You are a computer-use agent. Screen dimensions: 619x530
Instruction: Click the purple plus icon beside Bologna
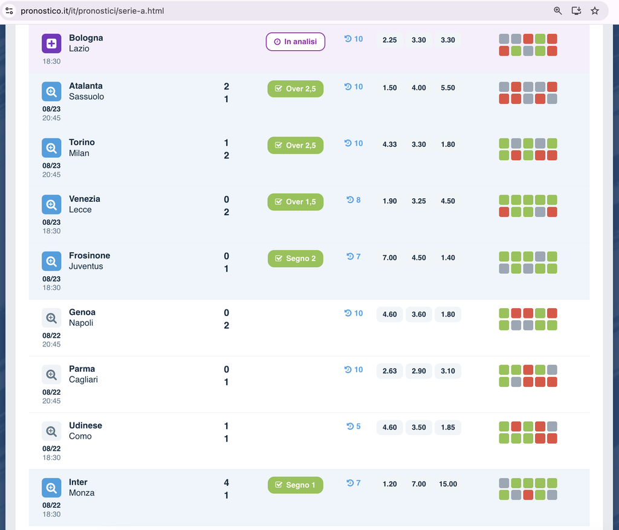pyautogui.click(x=51, y=44)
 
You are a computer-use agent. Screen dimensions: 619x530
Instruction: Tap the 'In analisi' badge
pyautogui.click(x=295, y=42)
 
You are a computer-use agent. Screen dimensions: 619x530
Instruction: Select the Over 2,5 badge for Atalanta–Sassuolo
pyautogui.click(x=295, y=89)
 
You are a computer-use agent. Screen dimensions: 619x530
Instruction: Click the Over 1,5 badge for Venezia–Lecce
pyautogui.click(x=295, y=202)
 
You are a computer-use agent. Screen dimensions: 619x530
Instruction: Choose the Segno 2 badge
pyautogui.click(x=295, y=259)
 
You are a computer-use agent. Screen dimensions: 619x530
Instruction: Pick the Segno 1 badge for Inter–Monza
pyautogui.click(x=295, y=485)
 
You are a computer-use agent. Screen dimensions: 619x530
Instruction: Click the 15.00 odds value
pyautogui.click(x=448, y=484)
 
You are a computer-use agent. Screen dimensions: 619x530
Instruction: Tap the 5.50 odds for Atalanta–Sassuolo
pyautogui.click(x=448, y=88)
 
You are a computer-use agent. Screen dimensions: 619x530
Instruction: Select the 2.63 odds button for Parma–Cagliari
pyautogui.click(x=390, y=371)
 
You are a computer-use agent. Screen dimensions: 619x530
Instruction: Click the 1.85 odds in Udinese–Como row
pyautogui.click(x=448, y=427)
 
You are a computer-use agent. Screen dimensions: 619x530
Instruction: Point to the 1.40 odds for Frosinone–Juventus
pyautogui.click(x=448, y=257)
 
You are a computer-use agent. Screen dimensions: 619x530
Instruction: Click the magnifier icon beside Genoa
pyautogui.click(x=51, y=318)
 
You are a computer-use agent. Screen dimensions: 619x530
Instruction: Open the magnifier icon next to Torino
pyautogui.click(x=51, y=148)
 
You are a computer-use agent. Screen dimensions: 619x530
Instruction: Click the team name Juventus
pyautogui.click(x=86, y=267)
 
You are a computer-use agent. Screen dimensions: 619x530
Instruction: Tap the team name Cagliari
pyautogui.click(x=83, y=380)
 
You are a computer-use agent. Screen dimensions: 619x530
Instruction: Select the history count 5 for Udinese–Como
pyautogui.click(x=354, y=426)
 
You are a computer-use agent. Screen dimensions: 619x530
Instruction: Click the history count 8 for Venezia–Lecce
pyautogui.click(x=354, y=200)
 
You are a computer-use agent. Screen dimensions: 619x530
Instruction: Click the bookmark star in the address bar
pyautogui.click(x=595, y=11)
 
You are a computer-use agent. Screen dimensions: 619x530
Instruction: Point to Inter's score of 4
pyautogui.click(x=226, y=483)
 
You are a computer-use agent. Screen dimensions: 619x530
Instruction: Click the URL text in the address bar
pyautogui.click(x=92, y=11)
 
